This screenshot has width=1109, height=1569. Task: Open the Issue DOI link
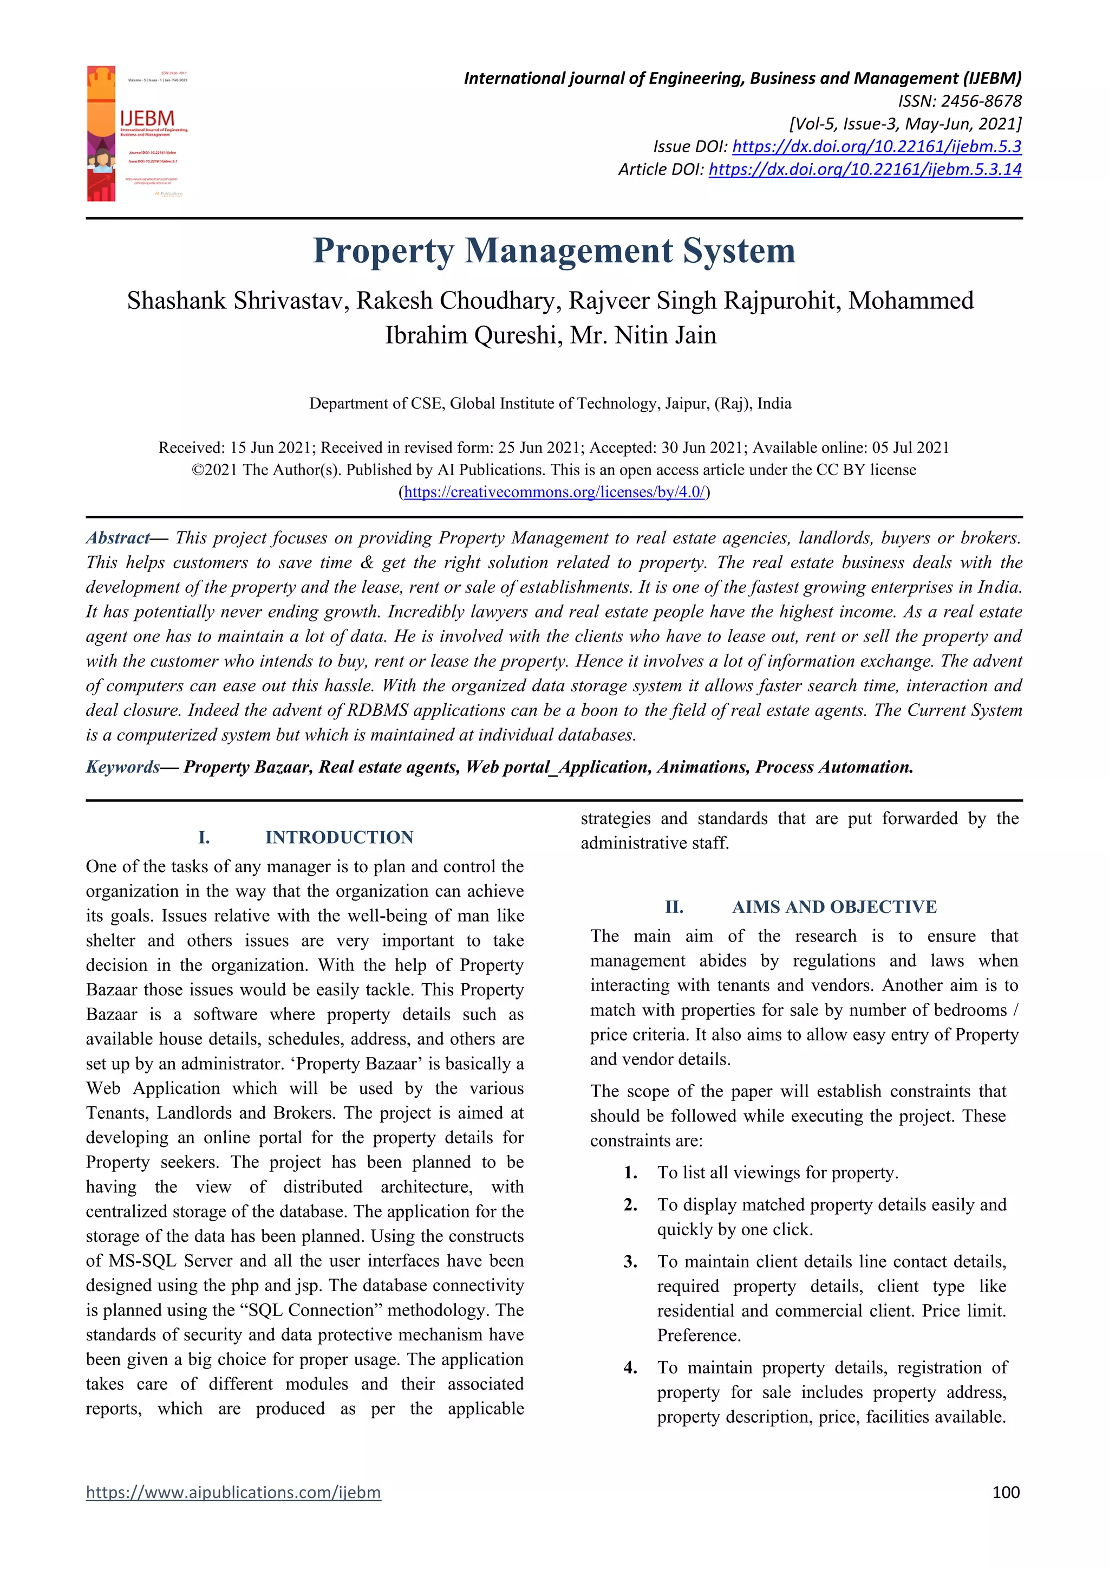pyautogui.click(x=876, y=146)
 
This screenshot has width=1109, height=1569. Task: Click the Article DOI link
pyautogui.click(x=865, y=169)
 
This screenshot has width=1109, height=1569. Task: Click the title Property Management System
pyautogui.click(x=554, y=251)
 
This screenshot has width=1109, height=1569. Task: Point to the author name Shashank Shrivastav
pyautogui.click(x=235, y=301)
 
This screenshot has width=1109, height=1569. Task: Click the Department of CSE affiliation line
pyautogui.click(x=550, y=403)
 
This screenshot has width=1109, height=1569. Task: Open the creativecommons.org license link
pyautogui.click(x=554, y=492)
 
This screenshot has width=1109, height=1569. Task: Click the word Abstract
pyautogui.click(x=118, y=538)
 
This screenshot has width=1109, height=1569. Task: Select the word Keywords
pyautogui.click(x=123, y=767)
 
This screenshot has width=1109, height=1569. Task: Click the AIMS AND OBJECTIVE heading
pyautogui.click(x=834, y=907)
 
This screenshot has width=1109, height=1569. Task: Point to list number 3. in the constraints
pyautogui.click(x=630, y=1261)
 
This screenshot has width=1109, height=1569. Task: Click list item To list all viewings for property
pyautogui.click(x=777, y=1172)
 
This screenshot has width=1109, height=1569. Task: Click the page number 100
pyautogui.click(x=1005, y=1492)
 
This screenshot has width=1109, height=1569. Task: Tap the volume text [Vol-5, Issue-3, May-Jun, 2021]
pyautogui.click(x=905, y=124)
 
